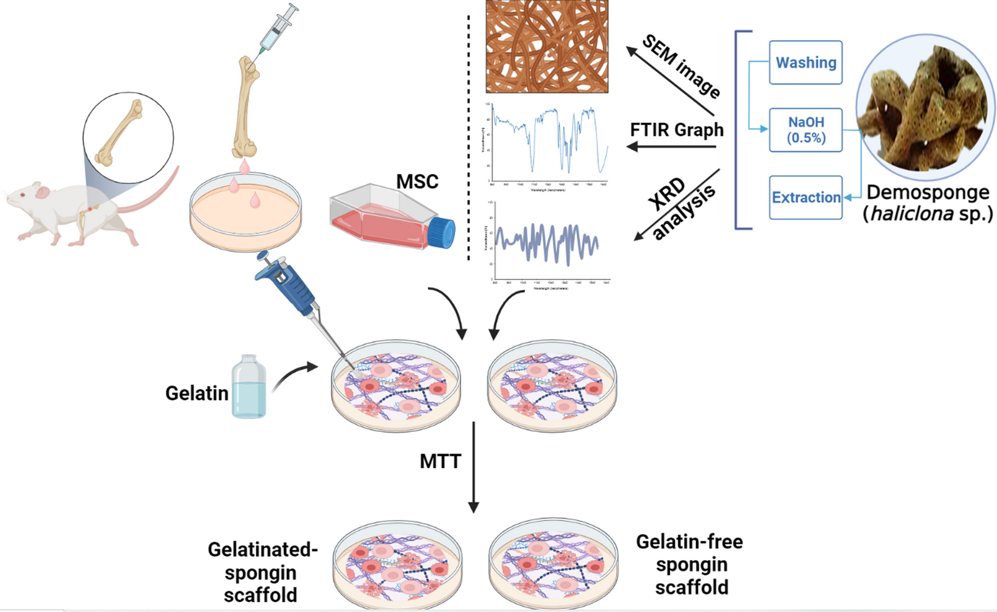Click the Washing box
click(805, 62)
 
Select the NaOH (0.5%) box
click(805, 130)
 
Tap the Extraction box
click(805, 198)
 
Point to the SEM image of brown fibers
click(547, 46)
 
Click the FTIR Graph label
click(676, 130)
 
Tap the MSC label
click(417, 182)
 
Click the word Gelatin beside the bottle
click(197, 393)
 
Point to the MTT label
click(440, 462)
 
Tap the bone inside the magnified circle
click(119, 133)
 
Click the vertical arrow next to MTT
click(474, 467)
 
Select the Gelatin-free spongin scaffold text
click(690, 564)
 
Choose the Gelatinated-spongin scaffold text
click(261, 572)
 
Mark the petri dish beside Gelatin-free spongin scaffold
click(553, 563)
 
